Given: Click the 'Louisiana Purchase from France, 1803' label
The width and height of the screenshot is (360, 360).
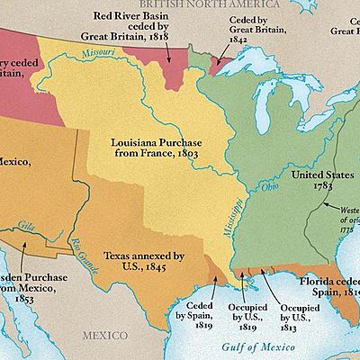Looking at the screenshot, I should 148,148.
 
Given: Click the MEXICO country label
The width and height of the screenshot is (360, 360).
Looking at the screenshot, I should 107,335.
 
